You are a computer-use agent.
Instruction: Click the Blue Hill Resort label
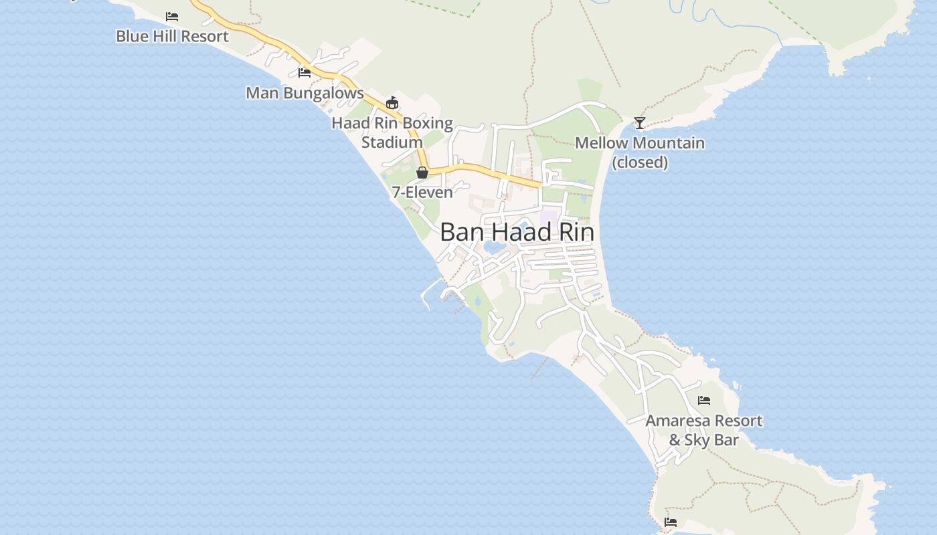click(172, 36)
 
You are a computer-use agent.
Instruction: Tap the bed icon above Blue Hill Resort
click(172, 17)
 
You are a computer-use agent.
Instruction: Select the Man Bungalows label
click(305, 93)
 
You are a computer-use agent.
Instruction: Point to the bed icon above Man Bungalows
click(305, 72)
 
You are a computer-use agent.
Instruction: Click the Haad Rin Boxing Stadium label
click(392, 132)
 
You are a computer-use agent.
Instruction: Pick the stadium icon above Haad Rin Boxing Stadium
click(392, 103)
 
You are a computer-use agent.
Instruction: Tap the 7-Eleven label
click(422, 192)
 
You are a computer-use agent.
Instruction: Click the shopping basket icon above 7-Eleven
click(422, 173)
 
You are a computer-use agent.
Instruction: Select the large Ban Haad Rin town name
click(517, 232)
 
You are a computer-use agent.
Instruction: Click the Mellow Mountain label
click(640, 143)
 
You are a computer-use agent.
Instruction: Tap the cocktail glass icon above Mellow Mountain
click(640, 122)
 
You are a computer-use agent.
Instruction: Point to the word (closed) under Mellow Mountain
click(641, 163)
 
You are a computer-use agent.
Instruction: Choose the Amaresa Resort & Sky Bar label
click(703, 430)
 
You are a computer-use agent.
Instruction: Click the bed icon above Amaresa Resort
click(703, 401)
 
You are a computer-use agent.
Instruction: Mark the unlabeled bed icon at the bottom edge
click(671, 522)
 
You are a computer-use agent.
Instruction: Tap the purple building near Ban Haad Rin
click(548, 217)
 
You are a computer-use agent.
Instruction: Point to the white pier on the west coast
click(430, 288)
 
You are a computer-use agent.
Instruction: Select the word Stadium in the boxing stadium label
click(392, 142)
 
